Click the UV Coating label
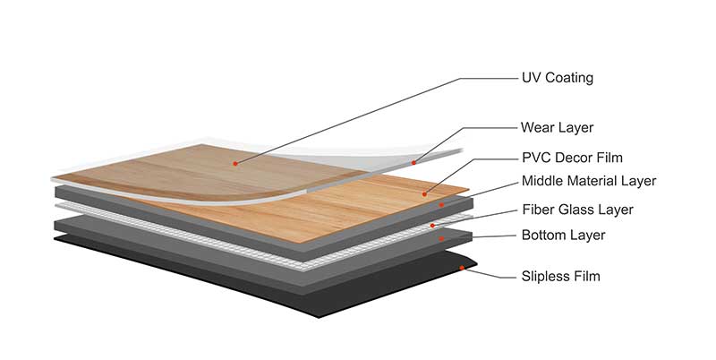[557, 78]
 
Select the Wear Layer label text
[557, 127]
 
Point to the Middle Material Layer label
[589, 181]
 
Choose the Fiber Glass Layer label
[577, 210]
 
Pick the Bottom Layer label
[564, 236]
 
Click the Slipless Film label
[560, 276]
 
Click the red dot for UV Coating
[235, 163]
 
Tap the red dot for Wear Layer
[413, 162]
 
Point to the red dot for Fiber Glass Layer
[432, 226]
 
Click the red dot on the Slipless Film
[461, 268]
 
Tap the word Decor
[578, 158]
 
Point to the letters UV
[531, 78]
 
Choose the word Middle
[543, 181]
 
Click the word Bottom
[544, 236]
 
